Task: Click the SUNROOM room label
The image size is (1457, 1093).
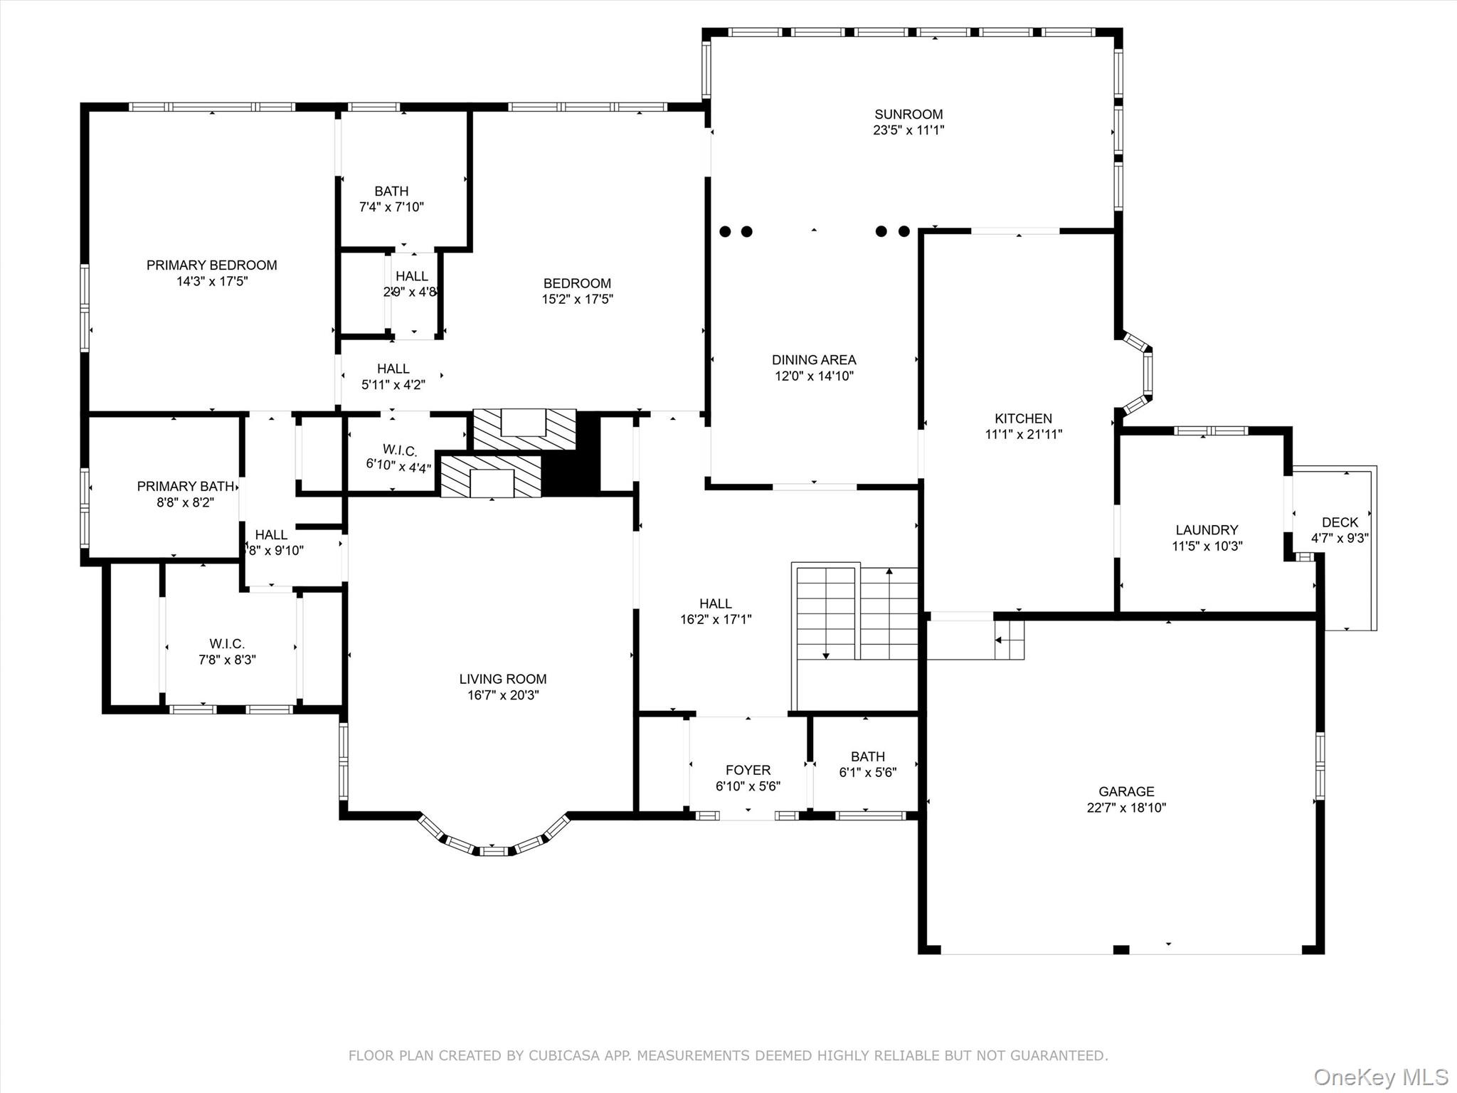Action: click(x=908, y=114)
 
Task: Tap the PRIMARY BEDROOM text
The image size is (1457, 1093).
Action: click(x=211, y=265)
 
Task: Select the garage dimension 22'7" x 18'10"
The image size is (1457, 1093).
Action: click(x=1126, y=808)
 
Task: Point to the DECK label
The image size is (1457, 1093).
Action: click(x=1340, y=522)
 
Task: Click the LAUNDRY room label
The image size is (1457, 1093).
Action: click(x=1207, y=530)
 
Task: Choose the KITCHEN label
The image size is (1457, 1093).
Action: click(x=1023, y=418)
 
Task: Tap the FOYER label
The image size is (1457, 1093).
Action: click(x=748, y=770)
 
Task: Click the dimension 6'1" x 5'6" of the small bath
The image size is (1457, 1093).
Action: click(x=867, y=772)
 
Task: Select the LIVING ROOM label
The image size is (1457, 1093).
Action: click(x=502, y=679)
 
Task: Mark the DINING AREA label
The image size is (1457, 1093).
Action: click(x=814, y=360)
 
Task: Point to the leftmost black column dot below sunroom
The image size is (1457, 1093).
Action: click(x=725, y=231)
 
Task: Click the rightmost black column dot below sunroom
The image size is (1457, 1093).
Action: click(x=904, y=231)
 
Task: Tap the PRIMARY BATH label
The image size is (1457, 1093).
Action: click(x=185, y=486)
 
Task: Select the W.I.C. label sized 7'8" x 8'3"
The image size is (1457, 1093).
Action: click(x=227, y=644)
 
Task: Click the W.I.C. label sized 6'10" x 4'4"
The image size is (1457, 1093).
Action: click(x=399, y=450)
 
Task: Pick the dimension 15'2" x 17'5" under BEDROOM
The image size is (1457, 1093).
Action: click(x=577, y=299)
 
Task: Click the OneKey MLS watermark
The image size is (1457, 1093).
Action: click(x=1380, y=1077)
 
